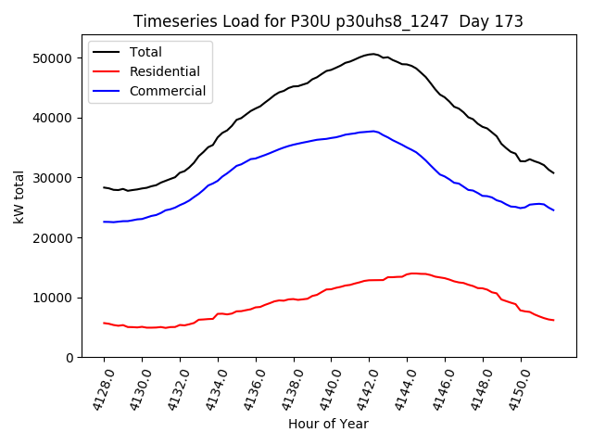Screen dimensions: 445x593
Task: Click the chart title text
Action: click(x=328, y=21)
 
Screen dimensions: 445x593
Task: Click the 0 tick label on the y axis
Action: click(x=71, y=358)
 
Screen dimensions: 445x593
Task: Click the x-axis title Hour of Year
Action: click(x=328, y=425)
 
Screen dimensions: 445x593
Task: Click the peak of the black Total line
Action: click(x=372, y=54)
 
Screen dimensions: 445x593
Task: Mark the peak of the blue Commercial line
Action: click(x=373, y=131)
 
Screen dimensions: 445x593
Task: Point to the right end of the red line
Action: click(x=553, y=320)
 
